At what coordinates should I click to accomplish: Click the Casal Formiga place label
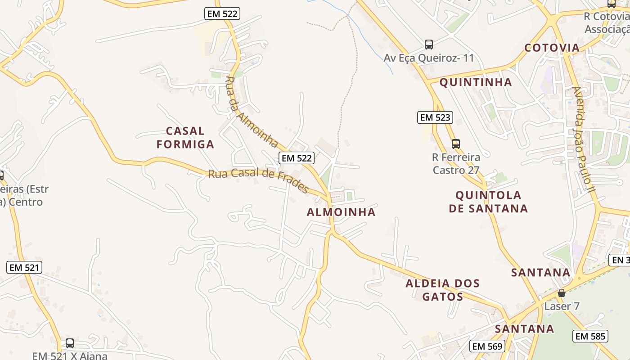coord(189,138)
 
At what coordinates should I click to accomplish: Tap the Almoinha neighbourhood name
coord(341,212)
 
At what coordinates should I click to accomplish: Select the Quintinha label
coord(475,82)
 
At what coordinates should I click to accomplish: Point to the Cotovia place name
coord(552,48)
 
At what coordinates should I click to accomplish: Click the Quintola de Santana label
coord(491,202)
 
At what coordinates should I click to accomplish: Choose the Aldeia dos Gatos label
coord(442,290)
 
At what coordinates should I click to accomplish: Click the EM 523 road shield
coord(434,117)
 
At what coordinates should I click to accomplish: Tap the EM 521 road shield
coord(25,267)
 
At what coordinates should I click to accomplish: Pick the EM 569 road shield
coord(488,346)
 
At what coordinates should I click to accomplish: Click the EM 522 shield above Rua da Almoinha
coord(222,13)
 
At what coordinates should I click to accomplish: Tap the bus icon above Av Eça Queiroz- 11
coord(429,45)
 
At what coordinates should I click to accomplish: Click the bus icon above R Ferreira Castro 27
coord(456,144)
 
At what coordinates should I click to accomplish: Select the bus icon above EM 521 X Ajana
coord(70,343)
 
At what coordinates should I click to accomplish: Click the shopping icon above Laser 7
coord(561,293)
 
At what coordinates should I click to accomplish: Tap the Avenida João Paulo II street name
coord(584,139)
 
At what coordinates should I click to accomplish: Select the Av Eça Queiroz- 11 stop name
coord(429,58)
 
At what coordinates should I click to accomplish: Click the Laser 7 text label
coord(562,306)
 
